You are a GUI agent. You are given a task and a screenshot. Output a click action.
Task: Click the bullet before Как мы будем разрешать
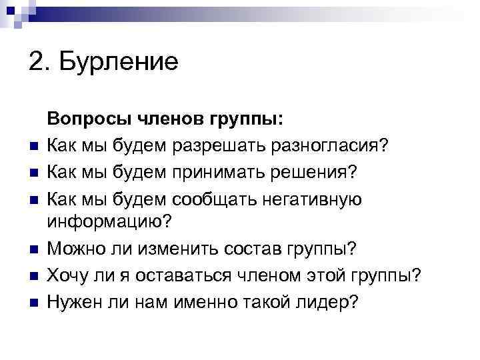coord(33,146)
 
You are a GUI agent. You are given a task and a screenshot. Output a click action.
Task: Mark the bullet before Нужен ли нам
coord(33,303)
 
